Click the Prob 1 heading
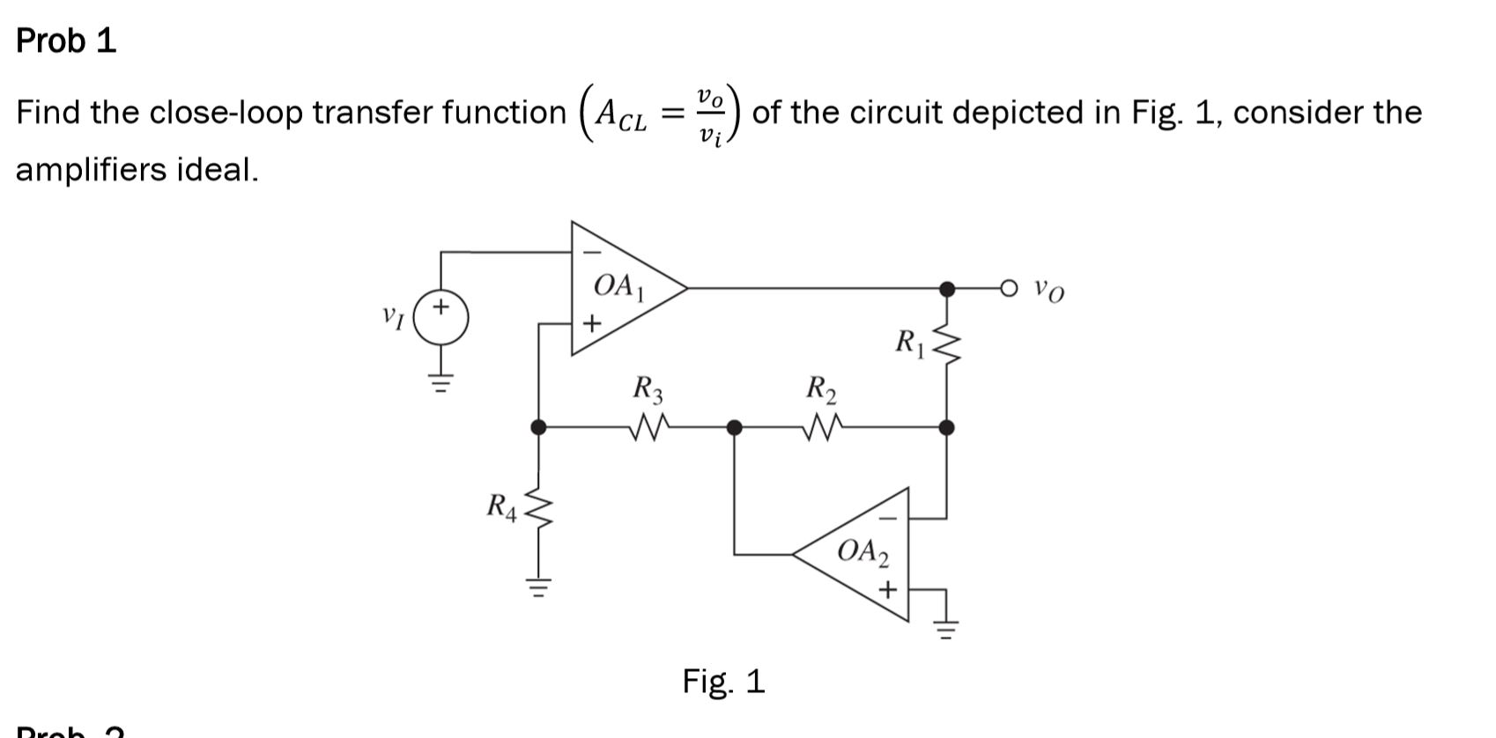click(66, 41)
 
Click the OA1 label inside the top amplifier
click(619, 286)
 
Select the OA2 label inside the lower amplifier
click(863, 552)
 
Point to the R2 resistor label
click(821, 388)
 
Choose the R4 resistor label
click(503, 507)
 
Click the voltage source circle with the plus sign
click(441, 319)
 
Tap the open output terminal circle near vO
click(1010, 288)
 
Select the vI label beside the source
click(393, 316)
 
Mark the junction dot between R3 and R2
click(734, 428)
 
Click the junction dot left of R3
click(538, 428)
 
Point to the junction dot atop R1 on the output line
click(947, 288)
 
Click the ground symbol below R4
click(538, 586)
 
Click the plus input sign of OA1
click(592, 324)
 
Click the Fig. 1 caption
click(723, 682)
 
